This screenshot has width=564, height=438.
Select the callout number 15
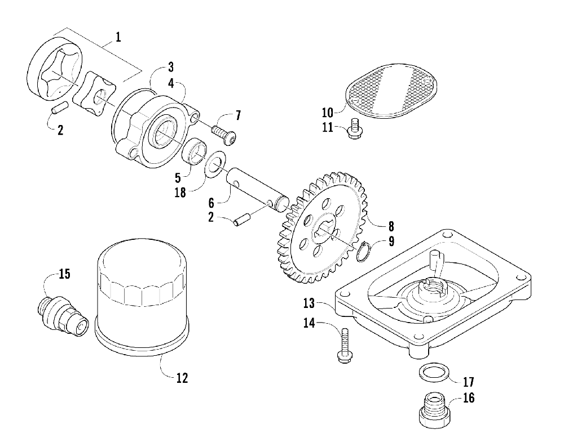click(64, 274)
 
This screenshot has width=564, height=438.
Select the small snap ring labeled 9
click(365, 252)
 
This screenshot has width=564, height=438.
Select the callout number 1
click(118, 38)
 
